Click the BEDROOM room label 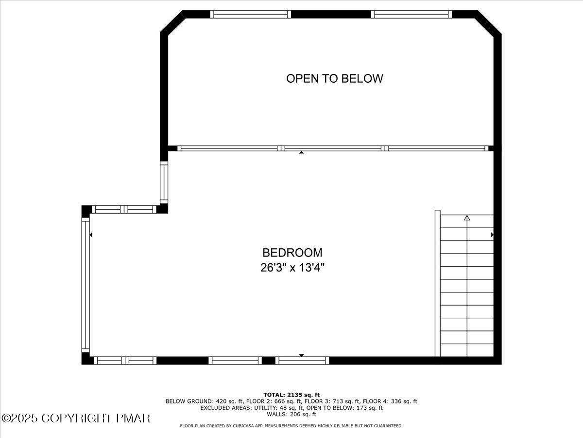(x=292, y=253)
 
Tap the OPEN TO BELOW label (x=334, y=78)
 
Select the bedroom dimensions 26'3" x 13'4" (x=292, y=267)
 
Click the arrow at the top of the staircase (x=467, y=218)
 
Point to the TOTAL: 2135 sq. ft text (x=291, y=395)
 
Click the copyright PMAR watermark (x=76, y=418)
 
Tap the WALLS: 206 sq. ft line (x=291, y=415)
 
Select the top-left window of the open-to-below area (x=251, y=14)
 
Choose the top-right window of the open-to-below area (x=412, y=14)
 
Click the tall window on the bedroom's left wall (x=86, y=285)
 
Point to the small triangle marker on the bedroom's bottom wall (x=301, y=355)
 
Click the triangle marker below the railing (x=301, y=153)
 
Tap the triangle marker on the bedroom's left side (x=91, y=235)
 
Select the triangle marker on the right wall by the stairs (x=492, y=235)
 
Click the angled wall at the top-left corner (x=172, y=22)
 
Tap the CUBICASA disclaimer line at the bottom (x=291, y=426)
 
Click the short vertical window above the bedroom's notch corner (x=164, y=182)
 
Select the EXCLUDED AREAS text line (x=291, y=408)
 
